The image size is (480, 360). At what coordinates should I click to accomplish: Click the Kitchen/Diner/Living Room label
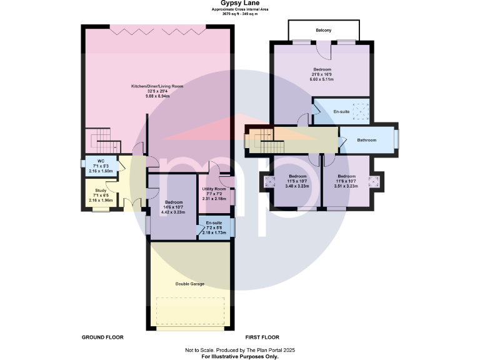coord(157,86)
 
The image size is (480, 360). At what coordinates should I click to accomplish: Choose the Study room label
coord(101,191)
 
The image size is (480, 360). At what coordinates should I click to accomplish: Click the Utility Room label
coord(213,189)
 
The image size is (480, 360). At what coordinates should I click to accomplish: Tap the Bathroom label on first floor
coord(366,140)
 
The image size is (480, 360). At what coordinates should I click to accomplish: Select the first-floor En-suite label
coord(341,111)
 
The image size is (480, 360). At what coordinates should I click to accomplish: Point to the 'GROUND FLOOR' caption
coord(102,337)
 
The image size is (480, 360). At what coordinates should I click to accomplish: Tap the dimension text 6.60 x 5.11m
coord(322,79)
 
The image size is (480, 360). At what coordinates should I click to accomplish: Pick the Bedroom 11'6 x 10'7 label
coord(346,176)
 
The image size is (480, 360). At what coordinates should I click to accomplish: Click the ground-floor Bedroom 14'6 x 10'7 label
coord(173,202)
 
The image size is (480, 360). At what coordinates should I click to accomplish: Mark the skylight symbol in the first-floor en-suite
coord(359,111)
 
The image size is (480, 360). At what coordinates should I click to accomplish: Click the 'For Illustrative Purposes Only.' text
coord(239,356)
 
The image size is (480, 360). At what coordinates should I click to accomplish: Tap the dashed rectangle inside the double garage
coord(190,311)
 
